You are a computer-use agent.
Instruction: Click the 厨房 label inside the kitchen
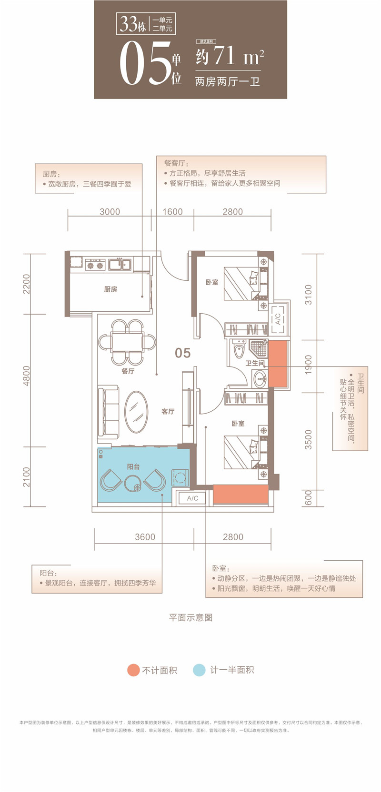(110, 289)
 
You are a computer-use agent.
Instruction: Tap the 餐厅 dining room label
(128, 371)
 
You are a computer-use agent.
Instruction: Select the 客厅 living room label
(168, 411)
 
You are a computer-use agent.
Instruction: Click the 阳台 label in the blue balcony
(133, 466)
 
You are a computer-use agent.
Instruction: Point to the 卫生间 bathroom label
(255, 363)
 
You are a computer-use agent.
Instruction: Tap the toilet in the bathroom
(239, 351)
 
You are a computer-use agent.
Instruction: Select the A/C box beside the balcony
(192, 498)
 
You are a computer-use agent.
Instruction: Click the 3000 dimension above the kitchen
(110, 212)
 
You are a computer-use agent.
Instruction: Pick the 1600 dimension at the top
(172, 212)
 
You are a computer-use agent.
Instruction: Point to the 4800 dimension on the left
(26, 376)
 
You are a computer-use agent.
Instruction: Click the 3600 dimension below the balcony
(145, 537)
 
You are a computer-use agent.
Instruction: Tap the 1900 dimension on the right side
(309, 365)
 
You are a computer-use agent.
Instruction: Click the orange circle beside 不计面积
(133, 670)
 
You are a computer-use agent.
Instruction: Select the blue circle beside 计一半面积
(199, 670)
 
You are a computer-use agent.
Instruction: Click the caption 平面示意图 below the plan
(190, 617)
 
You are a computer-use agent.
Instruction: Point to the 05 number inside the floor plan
(182, 353)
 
